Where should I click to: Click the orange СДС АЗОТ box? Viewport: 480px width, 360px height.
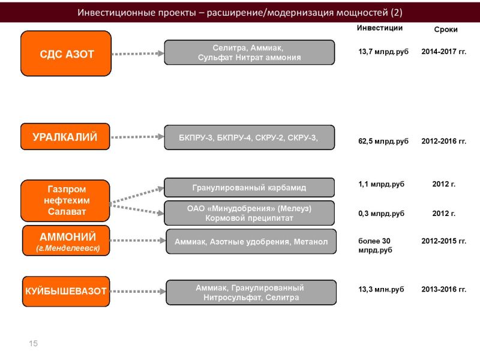tap(66, 53)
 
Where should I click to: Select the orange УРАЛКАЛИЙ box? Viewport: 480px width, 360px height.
tap(65, 137)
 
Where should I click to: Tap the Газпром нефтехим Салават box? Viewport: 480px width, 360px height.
tap(65, 200)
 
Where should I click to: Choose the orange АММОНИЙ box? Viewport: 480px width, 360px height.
tap(66, 241)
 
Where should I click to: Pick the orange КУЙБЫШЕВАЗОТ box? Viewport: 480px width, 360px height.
tap(66, 291)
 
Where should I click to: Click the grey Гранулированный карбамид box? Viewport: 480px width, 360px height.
tap(249, 187)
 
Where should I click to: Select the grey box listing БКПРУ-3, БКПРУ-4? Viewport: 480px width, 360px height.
tap(249, 137)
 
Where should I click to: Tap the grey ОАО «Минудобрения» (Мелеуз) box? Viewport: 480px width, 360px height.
tap(249, 213)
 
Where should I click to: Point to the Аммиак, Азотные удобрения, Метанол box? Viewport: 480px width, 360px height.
tap(251, 242)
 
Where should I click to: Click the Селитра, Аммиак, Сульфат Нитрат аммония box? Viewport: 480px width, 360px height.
tap(249, 52)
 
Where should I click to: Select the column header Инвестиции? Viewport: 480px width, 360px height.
tap(380, 28)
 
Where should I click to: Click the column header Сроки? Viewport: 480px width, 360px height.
tap(446, 29)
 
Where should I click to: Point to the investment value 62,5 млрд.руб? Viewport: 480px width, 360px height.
tap(383, 141)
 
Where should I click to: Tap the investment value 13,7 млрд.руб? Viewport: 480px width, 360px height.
tap(383, 52)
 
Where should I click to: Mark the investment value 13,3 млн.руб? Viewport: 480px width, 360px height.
tap(381, 289)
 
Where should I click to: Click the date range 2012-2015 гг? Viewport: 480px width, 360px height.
tap(444, 241)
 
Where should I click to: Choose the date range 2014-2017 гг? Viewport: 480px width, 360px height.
tap(444, 52)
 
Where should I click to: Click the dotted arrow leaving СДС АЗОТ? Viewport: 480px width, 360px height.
tap(138, 53)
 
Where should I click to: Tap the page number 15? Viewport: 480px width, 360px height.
tap(34, 343)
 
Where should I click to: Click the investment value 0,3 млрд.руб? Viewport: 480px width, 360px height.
tap(381, 214)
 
